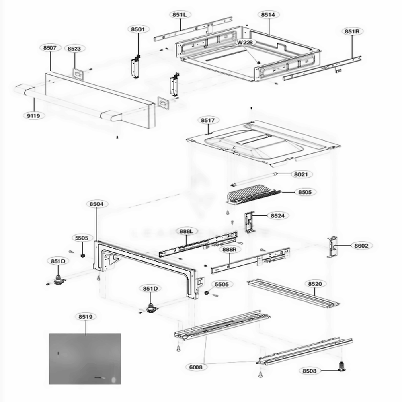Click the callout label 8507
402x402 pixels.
50,48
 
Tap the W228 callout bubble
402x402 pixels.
244,43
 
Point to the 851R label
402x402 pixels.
351,31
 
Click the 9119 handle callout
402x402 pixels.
33,115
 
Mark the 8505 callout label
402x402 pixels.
305,192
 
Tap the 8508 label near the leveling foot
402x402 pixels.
309,371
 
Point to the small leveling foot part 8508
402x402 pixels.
343,365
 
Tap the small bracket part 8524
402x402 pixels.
250,222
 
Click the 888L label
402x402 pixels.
187,231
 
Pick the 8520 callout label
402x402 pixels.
315,284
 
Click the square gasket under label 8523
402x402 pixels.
78,74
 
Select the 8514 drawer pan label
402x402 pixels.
268,15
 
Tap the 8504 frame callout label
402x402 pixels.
96,204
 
